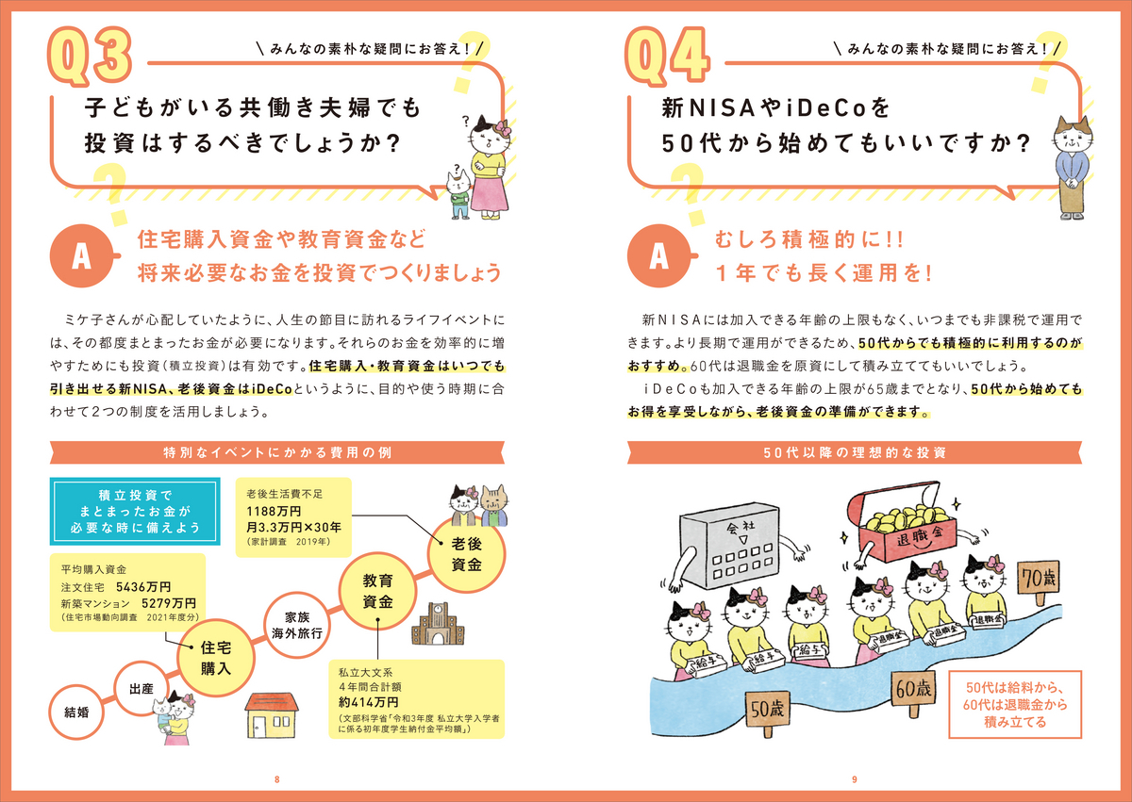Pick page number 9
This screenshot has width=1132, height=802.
pyautogui.click(x=854, y=779)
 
